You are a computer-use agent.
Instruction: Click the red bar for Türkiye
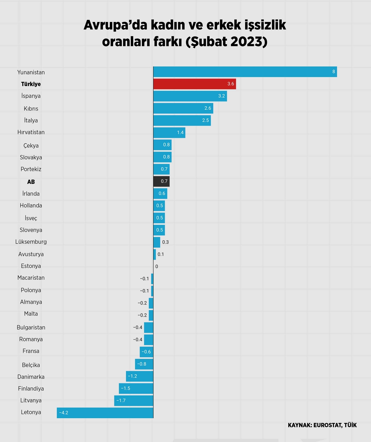click(x=194, y=84)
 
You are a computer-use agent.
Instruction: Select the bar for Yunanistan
click(x=245, y=72)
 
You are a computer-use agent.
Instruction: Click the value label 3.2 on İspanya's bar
click(x=221, y=96)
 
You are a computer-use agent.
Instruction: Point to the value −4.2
click(x=64, y=413)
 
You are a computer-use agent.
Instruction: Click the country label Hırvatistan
click(x=31, y=132)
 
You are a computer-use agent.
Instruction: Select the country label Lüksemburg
click(x=31, y=242)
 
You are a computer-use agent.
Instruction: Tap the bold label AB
click(x=31, y=182)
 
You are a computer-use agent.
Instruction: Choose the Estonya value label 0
click(x=157, y=266)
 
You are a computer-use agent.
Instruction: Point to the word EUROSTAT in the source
click(x=327, y=425)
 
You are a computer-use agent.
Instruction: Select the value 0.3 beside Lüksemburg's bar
click(x=165, y=242)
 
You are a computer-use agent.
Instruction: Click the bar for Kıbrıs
click(x=183, y=108)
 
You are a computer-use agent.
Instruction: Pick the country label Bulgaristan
click(x=31, y=328)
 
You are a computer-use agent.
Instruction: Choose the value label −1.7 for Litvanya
click(x=121, y=401)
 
